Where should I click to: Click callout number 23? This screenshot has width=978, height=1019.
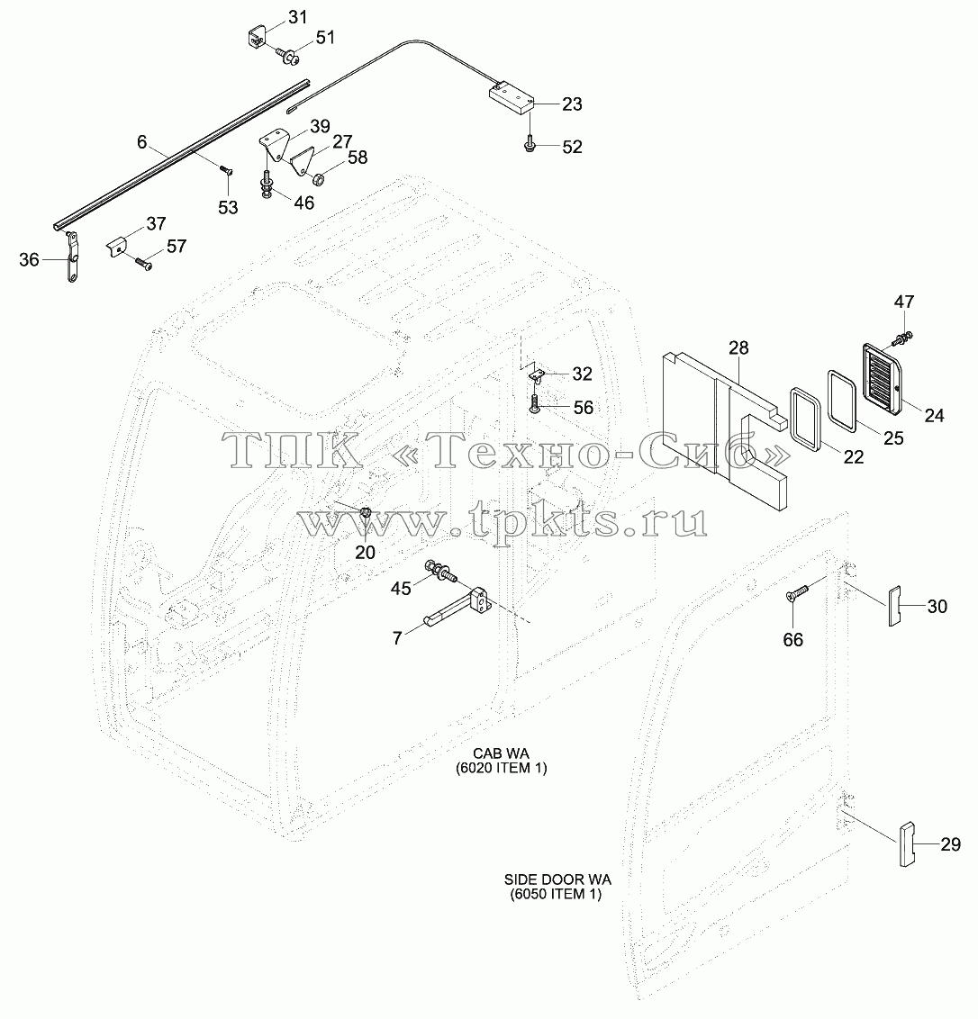572,104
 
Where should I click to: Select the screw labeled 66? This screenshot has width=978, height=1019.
797,592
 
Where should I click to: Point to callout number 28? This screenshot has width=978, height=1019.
738,348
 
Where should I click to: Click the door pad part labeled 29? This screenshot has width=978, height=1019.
907,845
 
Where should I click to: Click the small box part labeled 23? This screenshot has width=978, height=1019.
512,99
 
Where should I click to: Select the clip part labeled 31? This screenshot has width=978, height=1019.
257,36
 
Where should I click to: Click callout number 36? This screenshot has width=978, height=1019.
29,260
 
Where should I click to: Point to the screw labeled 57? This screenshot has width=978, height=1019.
144,263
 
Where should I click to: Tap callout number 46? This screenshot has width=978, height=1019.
303,203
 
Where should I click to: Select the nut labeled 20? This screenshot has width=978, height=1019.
365,513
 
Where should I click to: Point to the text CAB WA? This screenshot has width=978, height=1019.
501,753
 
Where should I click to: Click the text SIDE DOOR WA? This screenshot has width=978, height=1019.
558,880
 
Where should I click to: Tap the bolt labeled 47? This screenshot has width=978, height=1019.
902,337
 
